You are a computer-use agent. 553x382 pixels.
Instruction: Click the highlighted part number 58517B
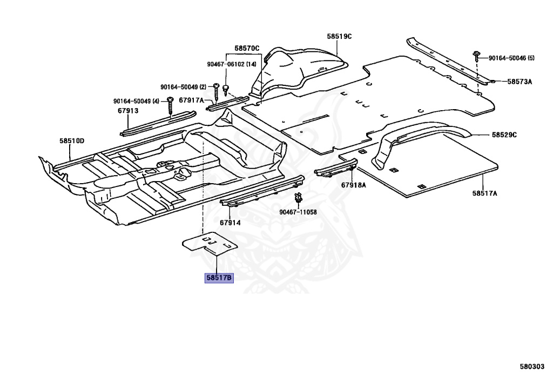[219, 278]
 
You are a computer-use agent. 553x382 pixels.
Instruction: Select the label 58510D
[72, 141]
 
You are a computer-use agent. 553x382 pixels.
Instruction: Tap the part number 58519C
[339, 37]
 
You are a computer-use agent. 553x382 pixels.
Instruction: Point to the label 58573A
[520, 82]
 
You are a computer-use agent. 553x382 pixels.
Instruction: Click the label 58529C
[504, 135]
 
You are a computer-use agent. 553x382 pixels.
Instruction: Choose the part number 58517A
[484, 193]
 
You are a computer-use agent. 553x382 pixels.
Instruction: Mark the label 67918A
[353, 185]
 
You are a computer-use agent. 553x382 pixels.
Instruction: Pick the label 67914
[230, 223]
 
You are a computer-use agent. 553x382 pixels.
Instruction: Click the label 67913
[128, 111]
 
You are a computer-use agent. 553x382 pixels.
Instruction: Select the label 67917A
[191, 100]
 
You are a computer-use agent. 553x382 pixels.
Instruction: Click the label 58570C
[247, 49]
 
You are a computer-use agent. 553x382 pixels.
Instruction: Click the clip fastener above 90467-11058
[298, 197]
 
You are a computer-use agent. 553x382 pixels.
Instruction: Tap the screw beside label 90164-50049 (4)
[170, 100]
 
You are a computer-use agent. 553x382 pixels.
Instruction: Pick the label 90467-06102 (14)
[232, 64]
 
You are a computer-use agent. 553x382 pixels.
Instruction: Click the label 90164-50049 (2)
[183, 87]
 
